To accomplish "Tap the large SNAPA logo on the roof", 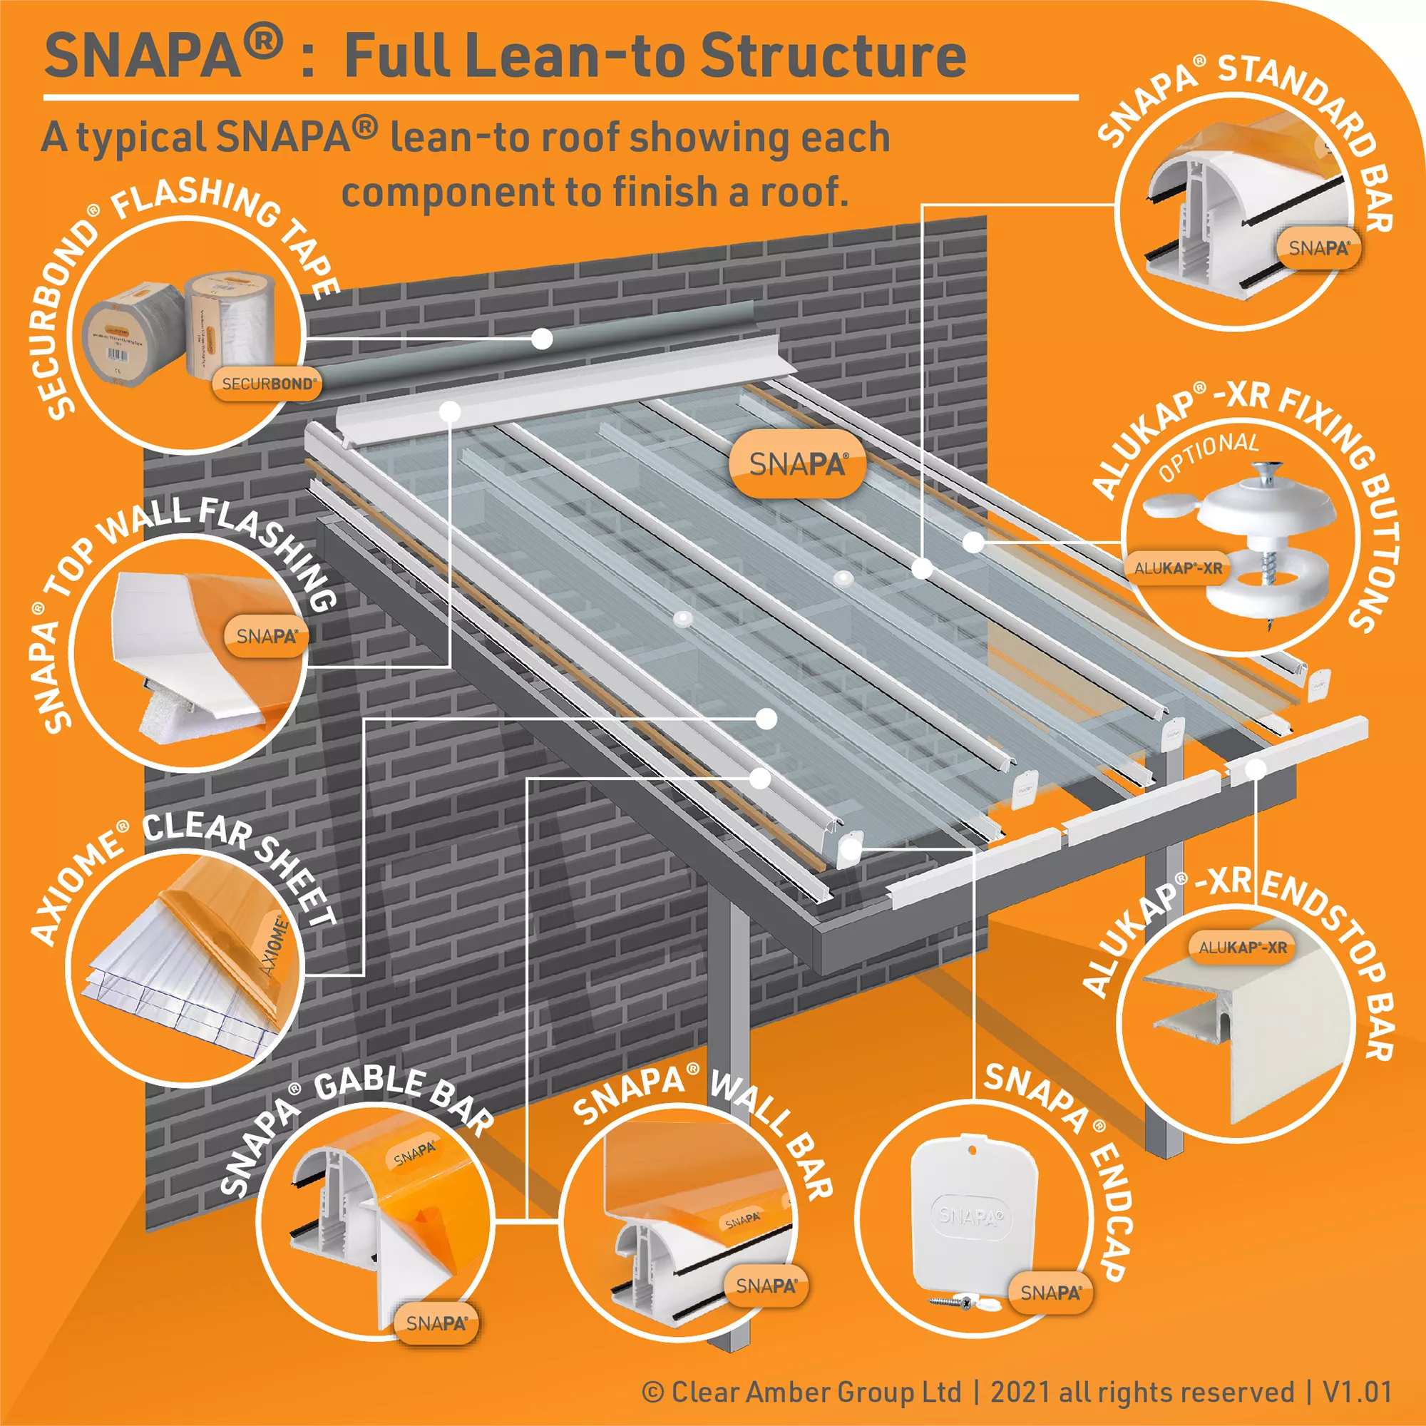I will (797, 464).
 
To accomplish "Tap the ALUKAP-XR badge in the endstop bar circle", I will (1242, 948).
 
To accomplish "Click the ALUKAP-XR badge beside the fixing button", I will (1178, 568).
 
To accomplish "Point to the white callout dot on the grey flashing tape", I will (542, 339).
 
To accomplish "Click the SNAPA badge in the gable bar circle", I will (436, 1323).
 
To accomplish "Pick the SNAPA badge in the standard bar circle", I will (1319, 249).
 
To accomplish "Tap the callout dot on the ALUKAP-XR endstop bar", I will (1254, 770).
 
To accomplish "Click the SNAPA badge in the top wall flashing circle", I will (267, 636).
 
